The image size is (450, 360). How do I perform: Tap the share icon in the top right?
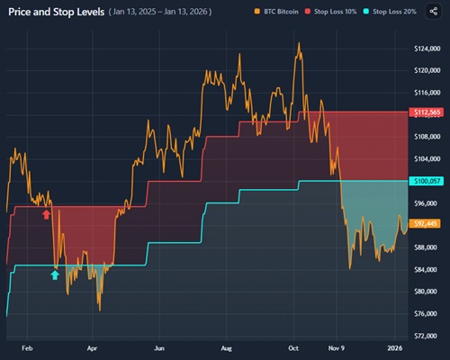tap(436, 13)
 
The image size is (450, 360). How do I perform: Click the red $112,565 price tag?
tap(425, 112)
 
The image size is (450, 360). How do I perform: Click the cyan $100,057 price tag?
tap(425, 181)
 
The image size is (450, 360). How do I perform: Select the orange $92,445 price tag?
tap(425, 223)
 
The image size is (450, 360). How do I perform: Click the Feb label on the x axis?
tap(26, 346)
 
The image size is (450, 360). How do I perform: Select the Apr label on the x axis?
tap(92, 346)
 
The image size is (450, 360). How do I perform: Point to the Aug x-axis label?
tap(227, 346)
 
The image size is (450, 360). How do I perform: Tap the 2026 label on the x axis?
tap(394, 346)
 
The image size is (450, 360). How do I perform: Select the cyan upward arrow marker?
tap(55, 274)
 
